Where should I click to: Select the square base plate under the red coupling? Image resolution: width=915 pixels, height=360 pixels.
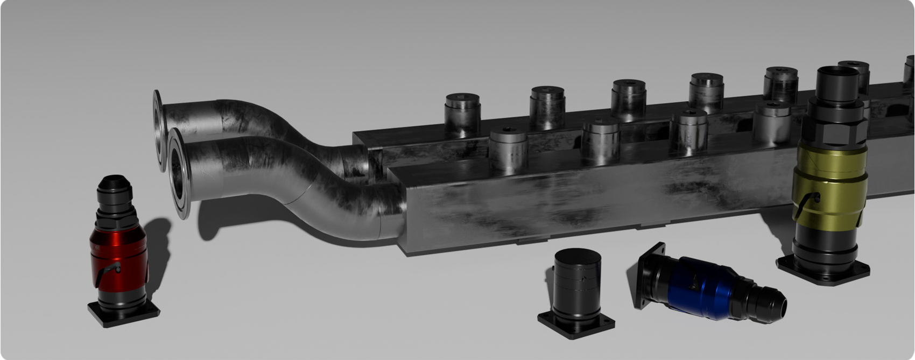click(123, 315)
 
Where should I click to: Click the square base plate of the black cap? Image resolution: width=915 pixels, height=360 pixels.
click(576, 326)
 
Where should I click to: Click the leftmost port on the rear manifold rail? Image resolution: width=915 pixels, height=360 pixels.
click(462, 113)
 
